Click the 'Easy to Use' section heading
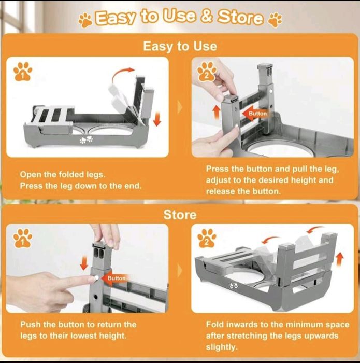point(180,46)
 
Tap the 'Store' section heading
point(180,215)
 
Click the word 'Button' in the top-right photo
point(257,114)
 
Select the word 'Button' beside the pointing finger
point(117,278)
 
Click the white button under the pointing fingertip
point(96,278)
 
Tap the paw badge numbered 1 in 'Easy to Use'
point(23,72)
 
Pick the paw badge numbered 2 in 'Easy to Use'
point(207,72)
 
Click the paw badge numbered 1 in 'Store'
point(23,238)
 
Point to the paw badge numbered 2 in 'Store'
point(207,238)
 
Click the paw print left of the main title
point(85,20)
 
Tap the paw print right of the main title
point(275,20)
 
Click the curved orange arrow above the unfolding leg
point(123,74)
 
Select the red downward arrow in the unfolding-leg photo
point(157,119)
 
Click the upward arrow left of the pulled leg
point(217,113)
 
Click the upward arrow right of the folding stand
point(339,259)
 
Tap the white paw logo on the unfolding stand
point(86,140)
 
